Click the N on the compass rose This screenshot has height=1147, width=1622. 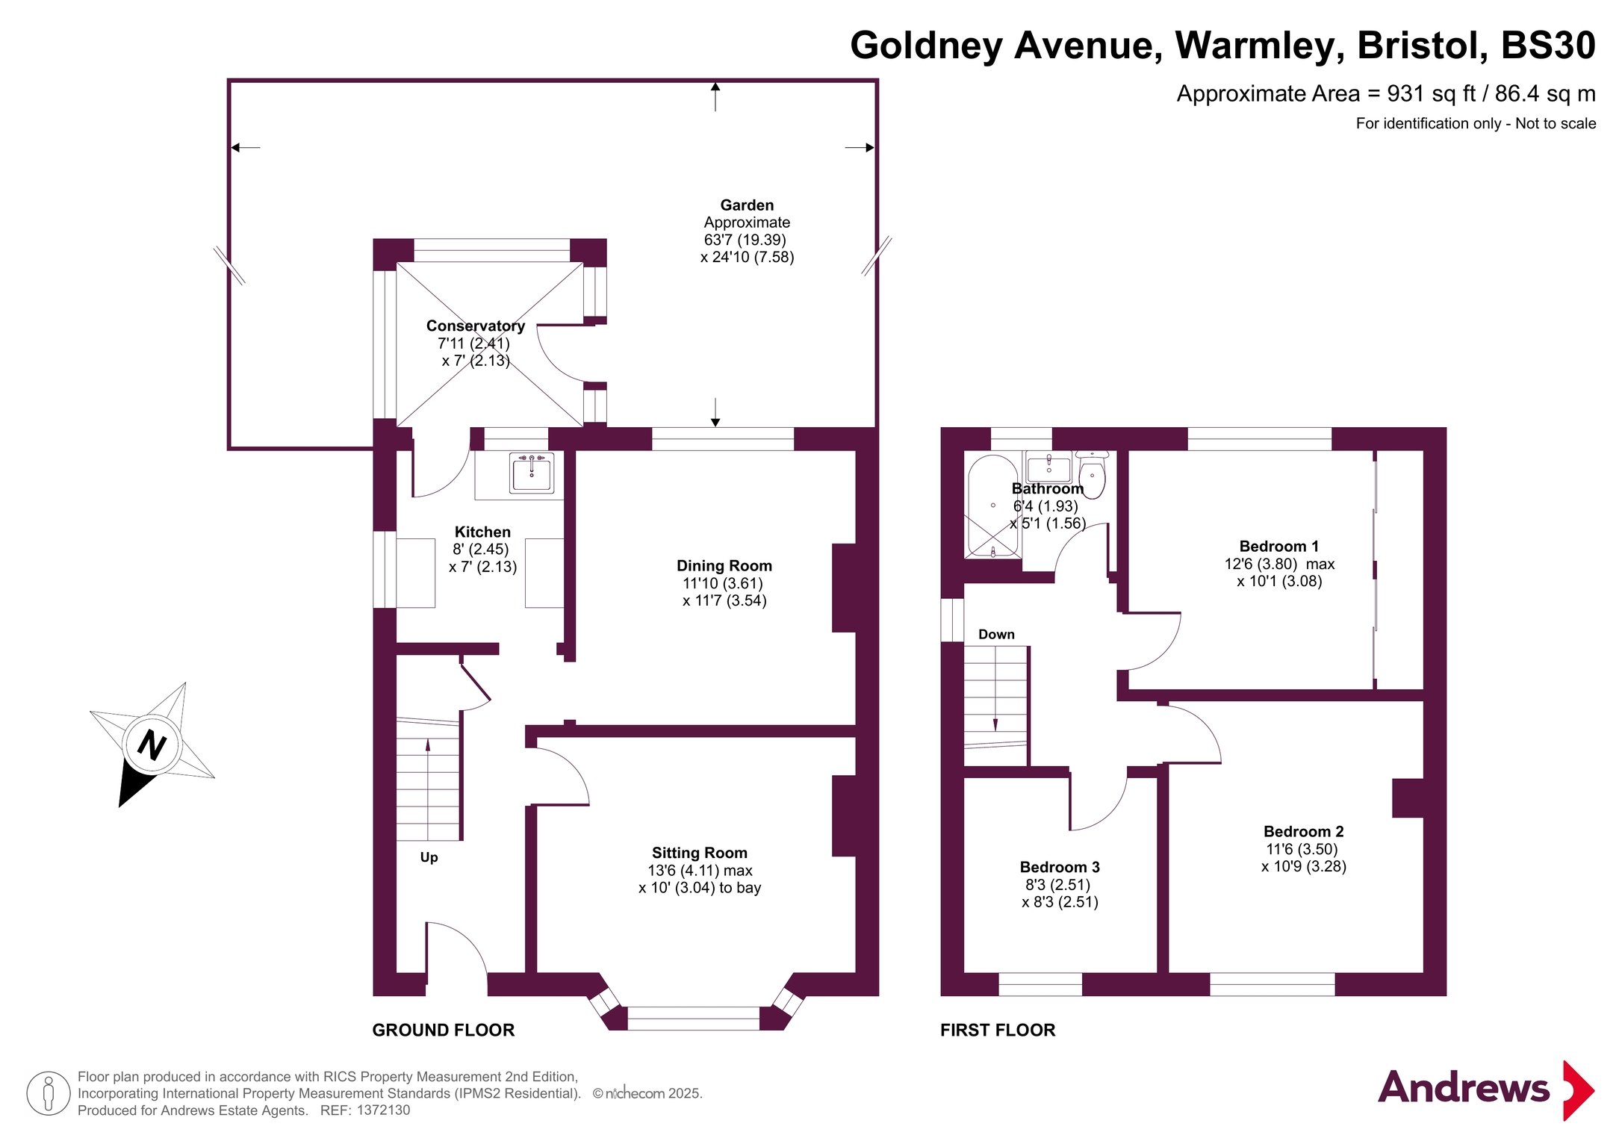(152, 745)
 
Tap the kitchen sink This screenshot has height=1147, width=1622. (532, 473)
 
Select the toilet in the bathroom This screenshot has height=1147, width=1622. (1092, 475)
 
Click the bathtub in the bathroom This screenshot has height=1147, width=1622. (993, 506)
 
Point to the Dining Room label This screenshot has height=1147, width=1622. (724, 566)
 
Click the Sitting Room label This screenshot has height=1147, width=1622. (700, 853)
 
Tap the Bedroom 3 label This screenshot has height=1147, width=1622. (1060, 867)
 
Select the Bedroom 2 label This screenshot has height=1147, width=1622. (1304, 831)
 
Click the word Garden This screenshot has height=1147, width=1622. (747, 205)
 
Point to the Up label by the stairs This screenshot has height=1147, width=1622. (429, 857)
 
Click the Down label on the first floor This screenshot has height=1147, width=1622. (996, 634)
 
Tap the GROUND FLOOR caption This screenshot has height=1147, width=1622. (444, 1031)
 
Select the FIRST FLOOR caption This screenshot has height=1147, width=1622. (998, 1031)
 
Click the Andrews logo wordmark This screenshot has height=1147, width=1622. (1463, 1088)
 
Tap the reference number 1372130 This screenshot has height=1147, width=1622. (383, 1110)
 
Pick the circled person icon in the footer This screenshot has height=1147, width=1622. (49, 1093)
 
